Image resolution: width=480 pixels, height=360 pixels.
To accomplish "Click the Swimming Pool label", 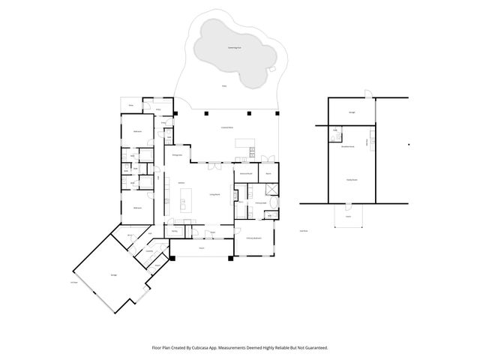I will (x=235, y=47).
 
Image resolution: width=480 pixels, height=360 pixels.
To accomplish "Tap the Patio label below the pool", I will (x=223, y=87).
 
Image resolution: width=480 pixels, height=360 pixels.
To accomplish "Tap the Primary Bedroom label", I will (x=253, y=238).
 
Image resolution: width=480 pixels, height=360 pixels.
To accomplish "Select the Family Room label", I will (x=351, y=180).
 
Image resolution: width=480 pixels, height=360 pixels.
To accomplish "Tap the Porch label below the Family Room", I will (x=348, y=216).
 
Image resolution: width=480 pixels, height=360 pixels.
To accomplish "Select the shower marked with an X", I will (x=271, y=188).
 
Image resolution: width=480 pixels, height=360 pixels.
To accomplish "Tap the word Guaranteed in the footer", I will (x=313, y=347).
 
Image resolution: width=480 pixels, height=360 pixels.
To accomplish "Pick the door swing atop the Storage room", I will (x=365, y=94).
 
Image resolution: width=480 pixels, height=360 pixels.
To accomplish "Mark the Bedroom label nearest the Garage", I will (x=138, y=208).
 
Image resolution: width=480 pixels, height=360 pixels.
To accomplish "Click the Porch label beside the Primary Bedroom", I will (x=202, y=248).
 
